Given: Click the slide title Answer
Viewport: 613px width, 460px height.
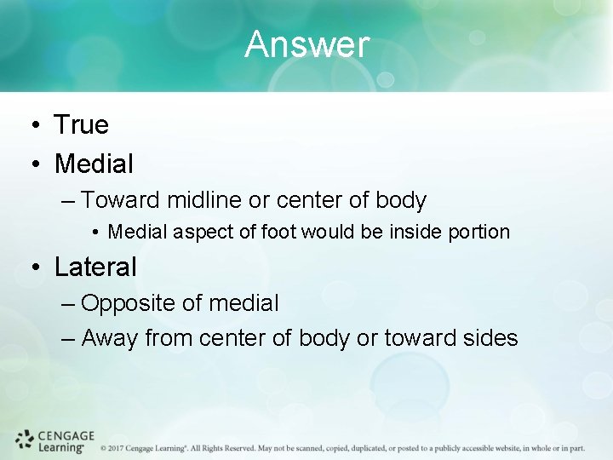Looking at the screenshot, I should [x=307, y=45].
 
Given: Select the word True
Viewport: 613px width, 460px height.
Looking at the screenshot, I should [x=82, y=125].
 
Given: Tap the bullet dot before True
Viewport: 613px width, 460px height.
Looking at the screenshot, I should [x=31, y=126].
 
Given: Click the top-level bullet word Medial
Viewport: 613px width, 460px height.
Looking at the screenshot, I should [x=94, y=163].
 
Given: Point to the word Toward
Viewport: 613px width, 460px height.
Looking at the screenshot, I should [x=120, y=201].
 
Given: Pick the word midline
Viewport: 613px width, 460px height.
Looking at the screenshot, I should [x=203, y=201].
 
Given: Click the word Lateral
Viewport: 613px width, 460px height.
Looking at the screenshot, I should [x=95, y=267].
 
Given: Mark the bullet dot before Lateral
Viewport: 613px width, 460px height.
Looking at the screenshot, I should [x=31, y=268].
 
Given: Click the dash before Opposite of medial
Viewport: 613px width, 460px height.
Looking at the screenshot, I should [x=69, y=304].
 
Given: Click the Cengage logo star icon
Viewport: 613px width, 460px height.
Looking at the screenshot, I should [x=25, y=440].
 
